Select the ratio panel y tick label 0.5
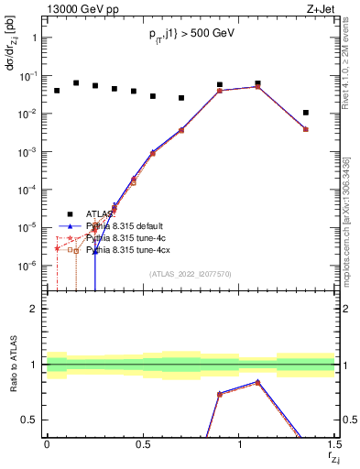point(29,420)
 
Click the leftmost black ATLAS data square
point(57,91)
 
